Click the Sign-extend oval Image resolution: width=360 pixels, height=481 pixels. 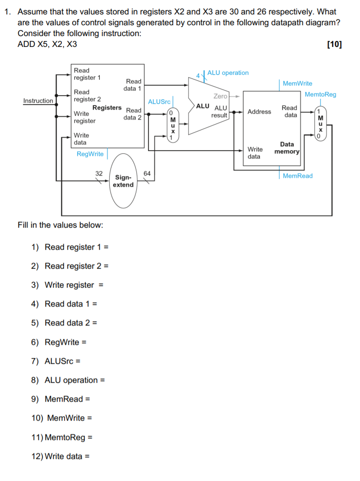click(123, 181)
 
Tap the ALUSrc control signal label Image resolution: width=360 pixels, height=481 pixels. click(159, 102)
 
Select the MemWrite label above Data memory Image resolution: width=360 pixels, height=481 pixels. click(297, 83)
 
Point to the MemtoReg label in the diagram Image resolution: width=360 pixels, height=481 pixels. click(320, 94)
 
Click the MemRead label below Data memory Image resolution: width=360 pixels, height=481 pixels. click(297, 176)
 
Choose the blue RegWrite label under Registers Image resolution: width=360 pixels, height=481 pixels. click(90, 154)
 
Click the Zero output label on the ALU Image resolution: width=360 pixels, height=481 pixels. click(220, 96)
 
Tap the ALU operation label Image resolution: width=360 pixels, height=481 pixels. click(228, 73)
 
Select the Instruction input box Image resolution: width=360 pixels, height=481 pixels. click(38, 101)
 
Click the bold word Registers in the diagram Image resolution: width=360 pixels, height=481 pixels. click(107, 107)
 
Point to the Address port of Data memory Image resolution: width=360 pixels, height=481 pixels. click(259, 111)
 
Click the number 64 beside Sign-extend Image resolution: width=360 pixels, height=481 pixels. click(147, 173)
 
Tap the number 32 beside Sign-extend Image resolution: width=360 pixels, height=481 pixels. click(99, 173)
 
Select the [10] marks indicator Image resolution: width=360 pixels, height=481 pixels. click(333, 44)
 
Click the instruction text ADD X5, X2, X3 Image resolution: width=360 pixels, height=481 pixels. click(47, 44)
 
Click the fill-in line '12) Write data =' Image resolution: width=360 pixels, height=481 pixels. click(60, 456)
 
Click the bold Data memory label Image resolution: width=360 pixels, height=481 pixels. click(287, 148)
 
